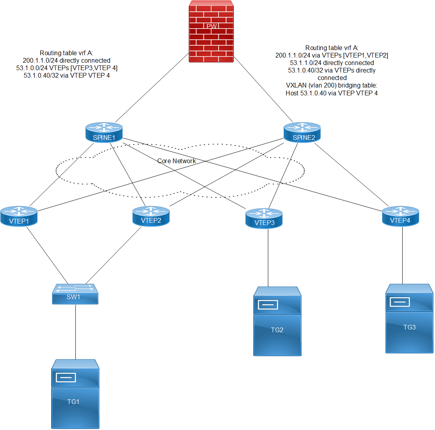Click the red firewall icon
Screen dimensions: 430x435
coord(211,32)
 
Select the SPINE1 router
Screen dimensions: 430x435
coord(104,132)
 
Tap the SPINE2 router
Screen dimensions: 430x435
coord(302,132)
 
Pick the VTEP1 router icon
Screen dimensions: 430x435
coord(19,216)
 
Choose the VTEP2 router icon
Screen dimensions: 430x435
coord(151,216)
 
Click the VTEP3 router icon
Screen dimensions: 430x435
coord(264,218)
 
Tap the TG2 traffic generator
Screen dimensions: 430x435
coord(277,321)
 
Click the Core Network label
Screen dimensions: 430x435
coord(177,161)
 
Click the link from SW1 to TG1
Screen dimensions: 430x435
coord(75,331)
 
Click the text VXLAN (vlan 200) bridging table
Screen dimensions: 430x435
coord(331,86)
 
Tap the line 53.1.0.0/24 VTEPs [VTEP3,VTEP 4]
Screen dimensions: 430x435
coord(70,68)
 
